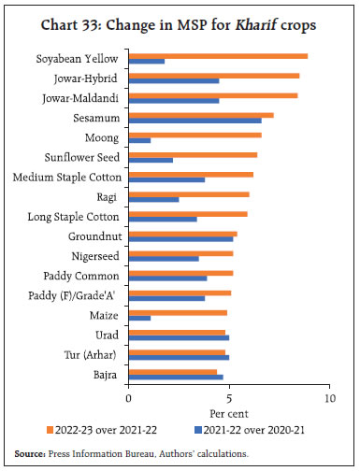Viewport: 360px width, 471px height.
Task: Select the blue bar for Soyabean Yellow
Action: click(147, 62)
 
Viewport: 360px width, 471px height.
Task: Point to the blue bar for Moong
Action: click(139, 140)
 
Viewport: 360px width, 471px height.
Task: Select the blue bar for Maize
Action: click(139, 318)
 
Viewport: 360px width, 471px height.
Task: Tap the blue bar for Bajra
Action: click(175, 378)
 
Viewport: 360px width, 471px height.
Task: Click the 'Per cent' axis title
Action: click(227, 412)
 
